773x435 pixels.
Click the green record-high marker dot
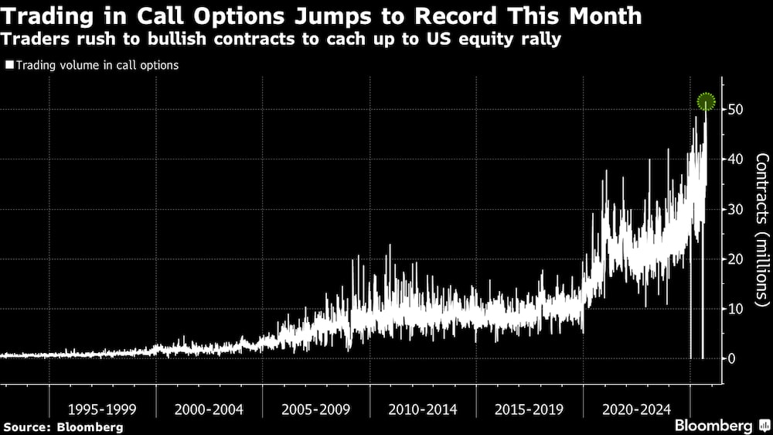pos(706,101)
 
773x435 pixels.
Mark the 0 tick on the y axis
pos(730,358)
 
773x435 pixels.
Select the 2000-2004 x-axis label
pos(209,409)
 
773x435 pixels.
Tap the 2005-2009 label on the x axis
pos(315,409)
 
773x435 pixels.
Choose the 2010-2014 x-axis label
pos(422,409)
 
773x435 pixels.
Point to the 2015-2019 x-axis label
pos(529,409)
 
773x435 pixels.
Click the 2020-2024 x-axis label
pos(635,409)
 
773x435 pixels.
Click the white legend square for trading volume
pos(9,66)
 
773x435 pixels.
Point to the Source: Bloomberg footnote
pos(63,426)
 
